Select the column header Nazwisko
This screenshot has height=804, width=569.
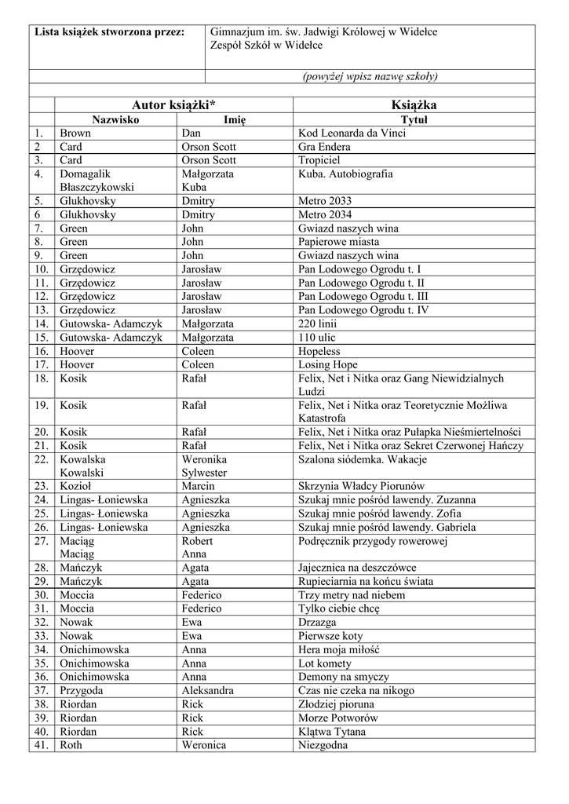[x=115, y=120]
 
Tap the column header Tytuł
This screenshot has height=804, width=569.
[x=414, y=120]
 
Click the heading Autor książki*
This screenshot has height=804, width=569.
[x=173, y=105]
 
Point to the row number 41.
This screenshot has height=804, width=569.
[x=42, y=745]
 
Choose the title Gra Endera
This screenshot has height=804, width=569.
[x=324, y=147]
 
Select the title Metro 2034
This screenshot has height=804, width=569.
[x=326, y=214]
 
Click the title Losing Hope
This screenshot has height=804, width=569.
[x=328, y=364]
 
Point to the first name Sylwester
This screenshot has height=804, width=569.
[x=205, y=473]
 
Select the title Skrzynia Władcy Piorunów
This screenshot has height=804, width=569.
[x=362, y=486]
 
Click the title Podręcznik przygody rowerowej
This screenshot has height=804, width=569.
[x=373, y=541]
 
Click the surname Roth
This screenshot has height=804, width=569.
[x=71, y=745]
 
